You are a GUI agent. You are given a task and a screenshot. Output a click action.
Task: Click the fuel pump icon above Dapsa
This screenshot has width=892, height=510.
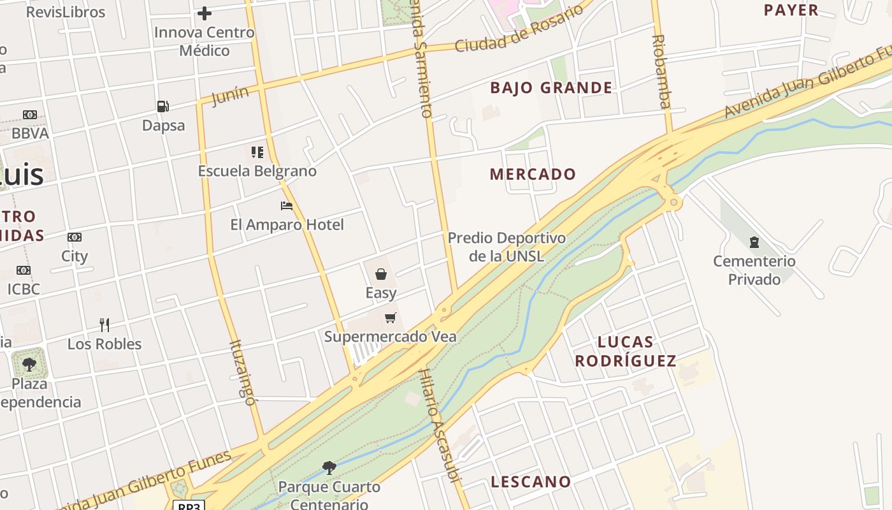(x=163, y=106)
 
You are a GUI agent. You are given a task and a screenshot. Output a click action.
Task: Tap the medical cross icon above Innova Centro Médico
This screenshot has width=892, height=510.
(x=205, y=13)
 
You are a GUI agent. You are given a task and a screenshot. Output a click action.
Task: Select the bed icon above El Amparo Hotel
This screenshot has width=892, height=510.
(x=287, y=206)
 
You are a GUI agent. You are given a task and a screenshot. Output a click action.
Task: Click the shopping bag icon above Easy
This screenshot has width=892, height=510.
(x=381, y=274)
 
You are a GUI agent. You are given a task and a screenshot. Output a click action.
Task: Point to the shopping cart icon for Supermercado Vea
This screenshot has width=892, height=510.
(x=391, y=317)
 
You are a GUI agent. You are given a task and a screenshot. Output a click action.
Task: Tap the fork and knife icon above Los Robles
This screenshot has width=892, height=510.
(x=104, y=325)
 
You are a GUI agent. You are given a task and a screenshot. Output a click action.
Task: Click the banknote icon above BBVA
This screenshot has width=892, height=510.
(x=30, y=115)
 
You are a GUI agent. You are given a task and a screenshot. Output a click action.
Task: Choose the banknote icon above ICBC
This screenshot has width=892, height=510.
(x=24, y=270)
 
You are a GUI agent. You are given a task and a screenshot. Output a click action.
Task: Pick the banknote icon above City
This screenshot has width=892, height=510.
(x=75, y=237)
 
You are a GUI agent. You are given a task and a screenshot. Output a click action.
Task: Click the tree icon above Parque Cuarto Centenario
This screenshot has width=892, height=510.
(x=329, y=468)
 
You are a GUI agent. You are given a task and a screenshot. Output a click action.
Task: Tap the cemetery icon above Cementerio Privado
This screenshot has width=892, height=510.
(x=754, y=242)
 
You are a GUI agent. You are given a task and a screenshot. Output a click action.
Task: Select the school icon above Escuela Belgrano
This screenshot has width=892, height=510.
(x=257, y=152)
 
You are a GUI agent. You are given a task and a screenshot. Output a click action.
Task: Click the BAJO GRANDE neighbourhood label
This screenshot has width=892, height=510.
(x=551, y=88)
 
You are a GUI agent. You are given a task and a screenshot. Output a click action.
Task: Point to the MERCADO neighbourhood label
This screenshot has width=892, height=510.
(x=533, y=174)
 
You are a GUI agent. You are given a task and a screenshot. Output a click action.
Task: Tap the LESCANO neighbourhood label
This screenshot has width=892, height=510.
(x=531, y=482)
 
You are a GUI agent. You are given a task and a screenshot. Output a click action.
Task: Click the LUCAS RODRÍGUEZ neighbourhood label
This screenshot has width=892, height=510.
(x=625, y=351)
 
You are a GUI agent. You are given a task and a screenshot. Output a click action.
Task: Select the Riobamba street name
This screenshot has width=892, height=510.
(x=661, y=71)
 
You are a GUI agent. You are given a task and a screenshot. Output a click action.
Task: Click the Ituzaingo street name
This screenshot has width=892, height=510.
(x=242, y=373)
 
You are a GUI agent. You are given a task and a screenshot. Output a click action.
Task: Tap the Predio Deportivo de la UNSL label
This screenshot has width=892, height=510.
(x=507, y=247)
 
